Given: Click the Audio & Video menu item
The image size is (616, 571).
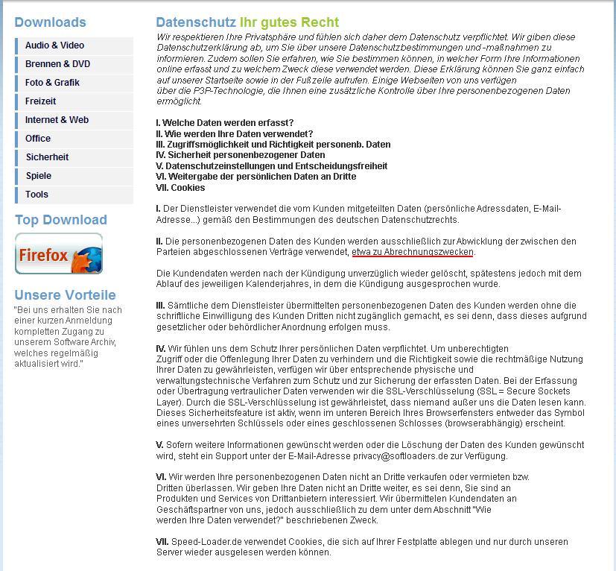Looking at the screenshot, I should [x=54, y=45].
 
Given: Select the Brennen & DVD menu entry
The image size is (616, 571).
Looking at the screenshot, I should [x=57, y=64].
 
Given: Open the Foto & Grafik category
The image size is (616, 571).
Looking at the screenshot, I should [x=52, y=83].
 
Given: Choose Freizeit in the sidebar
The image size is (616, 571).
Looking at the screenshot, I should [x=40, y=101].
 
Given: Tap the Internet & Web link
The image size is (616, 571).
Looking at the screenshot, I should [x=57, y=120].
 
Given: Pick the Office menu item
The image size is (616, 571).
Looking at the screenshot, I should [x=38, y=139].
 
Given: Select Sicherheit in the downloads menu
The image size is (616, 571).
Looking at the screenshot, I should [x=47, y=157].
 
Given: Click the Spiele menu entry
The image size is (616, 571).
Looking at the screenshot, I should [x=39, y=176].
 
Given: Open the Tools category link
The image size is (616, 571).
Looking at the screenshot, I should [x=36, y=195].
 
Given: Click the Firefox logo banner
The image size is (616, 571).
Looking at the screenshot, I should [x=59, y=253].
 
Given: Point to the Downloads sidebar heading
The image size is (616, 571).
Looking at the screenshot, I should [x=50, y=22].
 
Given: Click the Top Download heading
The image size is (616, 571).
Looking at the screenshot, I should [x=60, y=220].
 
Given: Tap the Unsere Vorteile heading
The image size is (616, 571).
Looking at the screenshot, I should [x=65, y=294].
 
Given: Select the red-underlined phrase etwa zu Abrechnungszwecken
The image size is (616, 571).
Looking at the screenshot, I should [x=413, y=253].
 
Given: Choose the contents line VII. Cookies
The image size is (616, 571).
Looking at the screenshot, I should [x=180, y=188].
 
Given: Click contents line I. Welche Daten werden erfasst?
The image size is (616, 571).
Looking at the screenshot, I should [x=224, y=123].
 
